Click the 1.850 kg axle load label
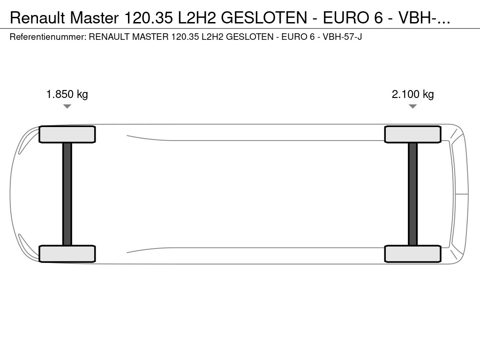point(67,94)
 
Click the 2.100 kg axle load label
point(412,94)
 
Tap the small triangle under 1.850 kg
point(67,106)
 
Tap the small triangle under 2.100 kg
point(412,106)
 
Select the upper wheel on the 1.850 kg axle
point(67,135)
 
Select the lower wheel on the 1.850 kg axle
point(67,254)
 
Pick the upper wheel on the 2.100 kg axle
point(412,135)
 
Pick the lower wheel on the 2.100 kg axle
point(412,254)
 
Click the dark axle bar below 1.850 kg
point(67,194)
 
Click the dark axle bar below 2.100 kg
point(412,194)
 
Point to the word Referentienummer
point(47,37)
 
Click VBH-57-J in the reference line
point(342,37)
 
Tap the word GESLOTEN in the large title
point(263,18)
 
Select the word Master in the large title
point(95,18)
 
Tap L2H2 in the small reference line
point(212,37)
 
